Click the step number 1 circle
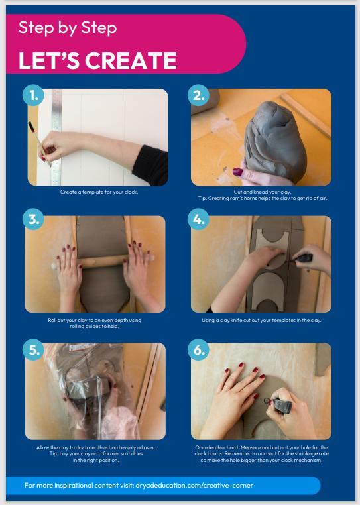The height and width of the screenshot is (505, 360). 33,95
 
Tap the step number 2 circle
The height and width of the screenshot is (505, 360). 198,95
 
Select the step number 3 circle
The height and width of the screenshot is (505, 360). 33,219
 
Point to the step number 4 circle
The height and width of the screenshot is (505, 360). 198,219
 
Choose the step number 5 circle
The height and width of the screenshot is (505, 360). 33,350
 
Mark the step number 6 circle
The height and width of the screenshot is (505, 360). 198,350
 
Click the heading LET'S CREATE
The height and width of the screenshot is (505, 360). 97,60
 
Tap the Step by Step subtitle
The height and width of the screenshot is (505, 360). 68,28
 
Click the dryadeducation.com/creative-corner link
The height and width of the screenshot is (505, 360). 194,485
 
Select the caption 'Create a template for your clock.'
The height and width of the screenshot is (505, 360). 99,192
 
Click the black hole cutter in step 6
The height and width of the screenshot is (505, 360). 280,405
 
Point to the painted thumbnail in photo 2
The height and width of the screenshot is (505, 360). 238,172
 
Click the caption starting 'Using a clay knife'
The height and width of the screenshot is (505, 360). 261,320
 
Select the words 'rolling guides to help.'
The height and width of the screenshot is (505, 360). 94,326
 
